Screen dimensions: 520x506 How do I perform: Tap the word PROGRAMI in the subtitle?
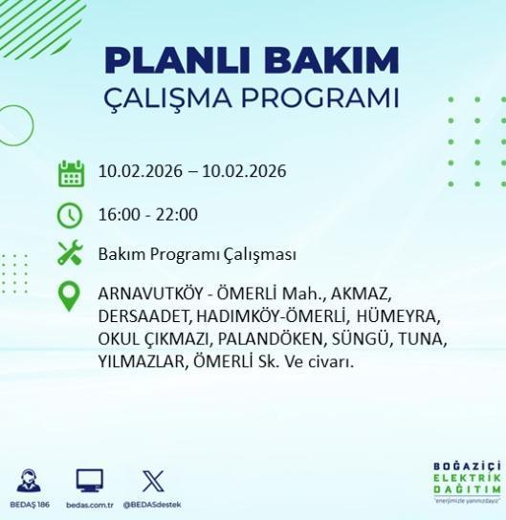[x=323, y=98]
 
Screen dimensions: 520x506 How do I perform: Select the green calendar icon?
[x=71, y=173]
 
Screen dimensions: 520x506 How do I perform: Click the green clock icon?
[x=71, y=214]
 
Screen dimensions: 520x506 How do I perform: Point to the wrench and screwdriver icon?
[x=71, y=254]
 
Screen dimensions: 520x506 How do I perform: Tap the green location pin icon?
[x=71, y=296]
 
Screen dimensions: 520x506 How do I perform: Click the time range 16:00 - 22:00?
[x=148, y=214]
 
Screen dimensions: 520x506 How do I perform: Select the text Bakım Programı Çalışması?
[x=197, y=255]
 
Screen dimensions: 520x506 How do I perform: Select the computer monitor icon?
[x=90, y=481]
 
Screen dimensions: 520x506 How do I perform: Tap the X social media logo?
[x=152, y=481]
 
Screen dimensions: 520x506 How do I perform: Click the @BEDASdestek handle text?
[x=153, y=505]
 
